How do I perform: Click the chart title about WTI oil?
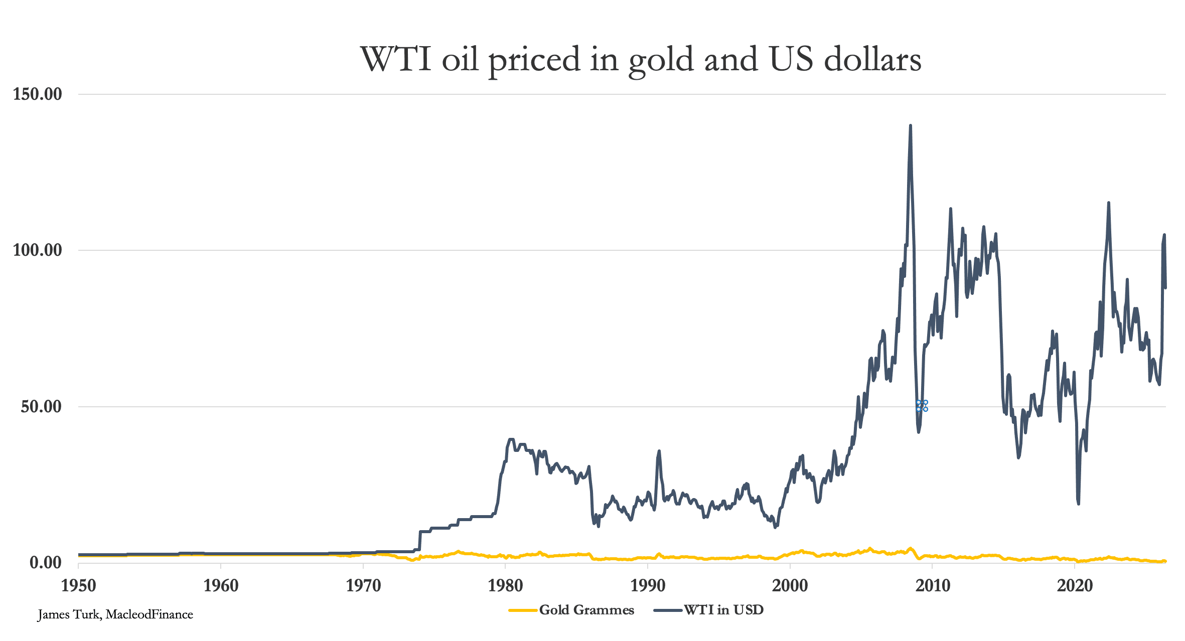click(641, 60)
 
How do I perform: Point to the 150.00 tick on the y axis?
click(38, 94)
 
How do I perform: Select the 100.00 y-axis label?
click(38, 250)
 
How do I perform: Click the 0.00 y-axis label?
click(46, 562)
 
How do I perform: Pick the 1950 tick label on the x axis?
click(78, 585)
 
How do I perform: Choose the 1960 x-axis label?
click(221, 585)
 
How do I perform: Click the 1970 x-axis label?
click(363, 585)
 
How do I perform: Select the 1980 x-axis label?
click(505, 585)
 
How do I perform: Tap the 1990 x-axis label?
click(648, 585)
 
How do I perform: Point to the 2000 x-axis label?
click(790, 585)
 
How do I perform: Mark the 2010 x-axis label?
click(933, 585)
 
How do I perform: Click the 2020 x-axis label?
click(1075, 585)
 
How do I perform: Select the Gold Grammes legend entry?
click(571, 610)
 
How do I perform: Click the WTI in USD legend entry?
click(709, 610)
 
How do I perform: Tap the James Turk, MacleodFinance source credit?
click(115, 615)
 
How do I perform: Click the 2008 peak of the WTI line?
click(910, 126)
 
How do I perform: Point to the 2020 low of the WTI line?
click(1078, 503)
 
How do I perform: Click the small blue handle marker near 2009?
click(922, 406)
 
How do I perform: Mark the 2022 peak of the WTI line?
click(1109, 203)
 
